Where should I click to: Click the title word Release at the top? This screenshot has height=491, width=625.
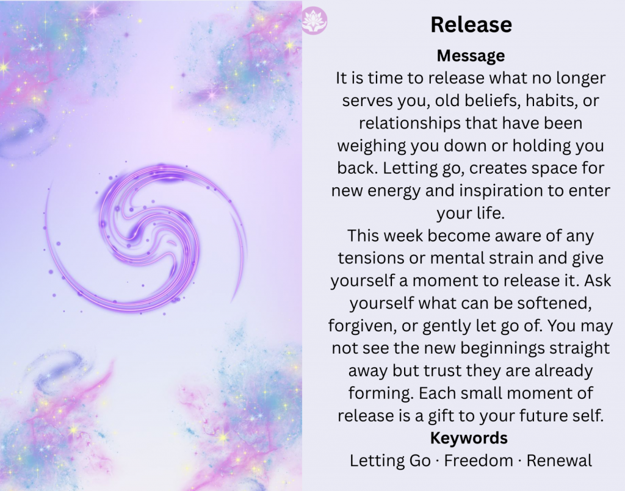pyautogui.click(x=471, y=24)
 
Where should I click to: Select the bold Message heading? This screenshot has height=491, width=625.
pyautogui.click(x=471, y=56)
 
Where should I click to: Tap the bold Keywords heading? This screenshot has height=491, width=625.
pyautogui.click(x=469, y=438)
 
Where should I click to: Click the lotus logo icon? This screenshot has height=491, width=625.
pyautogui.click(x=314, y=21)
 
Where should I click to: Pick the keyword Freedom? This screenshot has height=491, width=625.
pyautogui.click(x=479, y=461)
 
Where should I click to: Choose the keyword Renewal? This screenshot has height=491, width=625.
pyautogui.click(x=559, y=461)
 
